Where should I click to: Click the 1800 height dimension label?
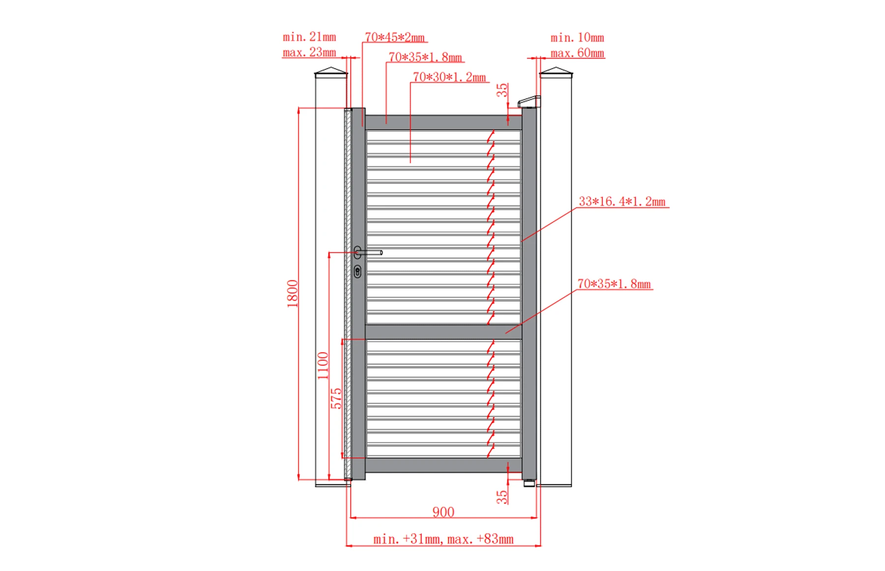(293, 293)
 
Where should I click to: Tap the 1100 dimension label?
(323, 365)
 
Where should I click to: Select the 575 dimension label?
(336, 398)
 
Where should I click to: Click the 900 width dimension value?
(443, 512)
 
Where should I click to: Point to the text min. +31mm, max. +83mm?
(443, 539)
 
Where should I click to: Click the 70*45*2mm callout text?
(395, 37)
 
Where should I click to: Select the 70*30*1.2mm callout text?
(449, 77)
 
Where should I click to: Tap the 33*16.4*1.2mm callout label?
(622, 201)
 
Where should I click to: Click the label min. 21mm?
(309, 37)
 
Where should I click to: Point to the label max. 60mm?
(577, 53)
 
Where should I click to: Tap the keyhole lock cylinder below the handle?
(357, 271)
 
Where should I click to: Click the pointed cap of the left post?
(331, 73)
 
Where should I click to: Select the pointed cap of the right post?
(556, 73)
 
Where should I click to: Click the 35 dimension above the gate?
(501, 90)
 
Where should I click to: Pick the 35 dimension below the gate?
(501, 497)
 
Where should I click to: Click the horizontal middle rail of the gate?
(442, 331)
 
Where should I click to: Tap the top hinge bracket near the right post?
(529, 101)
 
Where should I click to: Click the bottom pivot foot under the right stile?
(529, 483)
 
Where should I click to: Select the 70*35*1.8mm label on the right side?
(614, 284)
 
